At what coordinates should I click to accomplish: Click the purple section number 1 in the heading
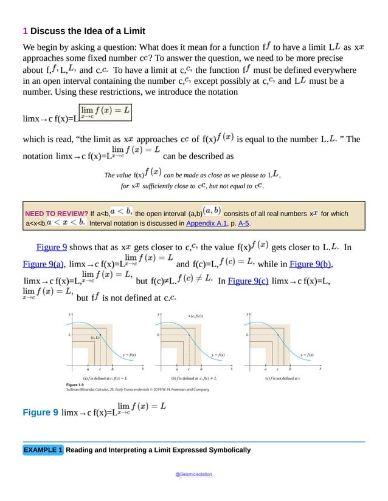(x=25, y=31)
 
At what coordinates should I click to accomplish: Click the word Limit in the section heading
(x=131, y=31)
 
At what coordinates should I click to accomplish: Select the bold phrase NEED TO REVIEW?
(x=57, y=214)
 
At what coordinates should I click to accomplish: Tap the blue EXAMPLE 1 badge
(x=43, y=450)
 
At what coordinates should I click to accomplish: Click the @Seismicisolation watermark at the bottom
(x=193, y=472)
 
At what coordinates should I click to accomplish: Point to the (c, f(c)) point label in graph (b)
(x=195, y=316)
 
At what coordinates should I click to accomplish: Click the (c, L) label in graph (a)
(x=95, y=338)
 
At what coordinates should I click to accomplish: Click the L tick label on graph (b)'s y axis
(x=158, y=335)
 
